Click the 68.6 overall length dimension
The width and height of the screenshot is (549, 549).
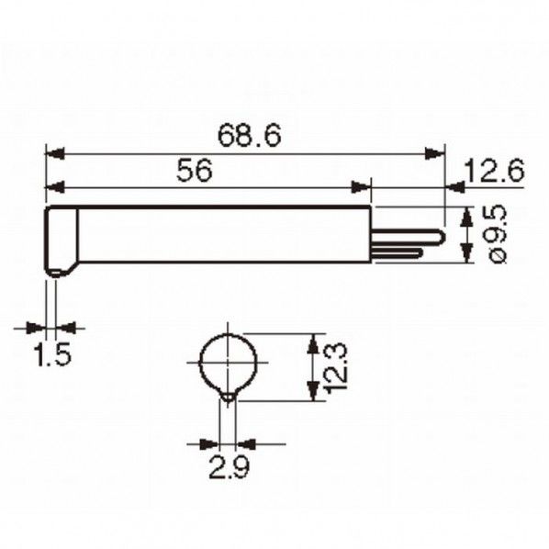coord(249,135)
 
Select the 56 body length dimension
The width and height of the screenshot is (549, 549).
coord(196,171)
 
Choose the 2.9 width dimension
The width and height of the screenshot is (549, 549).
coord(226,468)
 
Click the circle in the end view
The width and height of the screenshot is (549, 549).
coord(227,362)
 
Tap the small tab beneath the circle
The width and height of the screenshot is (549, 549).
coord(227,397)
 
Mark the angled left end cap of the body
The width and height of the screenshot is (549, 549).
coord(61,239)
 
